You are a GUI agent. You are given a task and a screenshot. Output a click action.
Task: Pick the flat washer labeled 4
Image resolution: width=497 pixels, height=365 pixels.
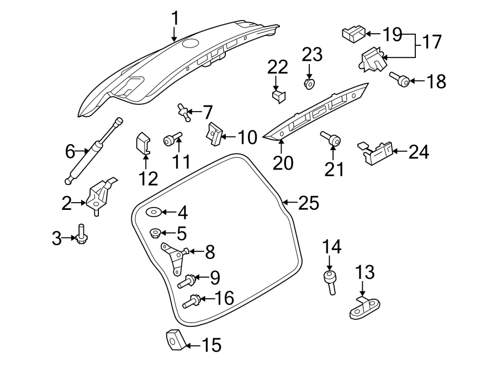pos(153,212)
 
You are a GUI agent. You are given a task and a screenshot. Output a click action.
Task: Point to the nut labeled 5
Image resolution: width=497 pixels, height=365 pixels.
pos(155,233)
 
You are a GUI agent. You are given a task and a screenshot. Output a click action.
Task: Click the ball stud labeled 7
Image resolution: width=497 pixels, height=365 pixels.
pos(184,112)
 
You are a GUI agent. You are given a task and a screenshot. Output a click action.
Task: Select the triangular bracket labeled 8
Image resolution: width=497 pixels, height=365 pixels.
pos(174,257)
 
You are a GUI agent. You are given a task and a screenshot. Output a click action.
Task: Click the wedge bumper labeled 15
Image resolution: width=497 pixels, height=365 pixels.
pos(175,340)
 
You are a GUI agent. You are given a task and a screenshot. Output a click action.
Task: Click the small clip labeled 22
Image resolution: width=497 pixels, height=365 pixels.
pos(279,96)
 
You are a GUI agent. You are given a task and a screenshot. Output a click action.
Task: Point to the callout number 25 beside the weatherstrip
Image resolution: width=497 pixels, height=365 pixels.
pos(308,204)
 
